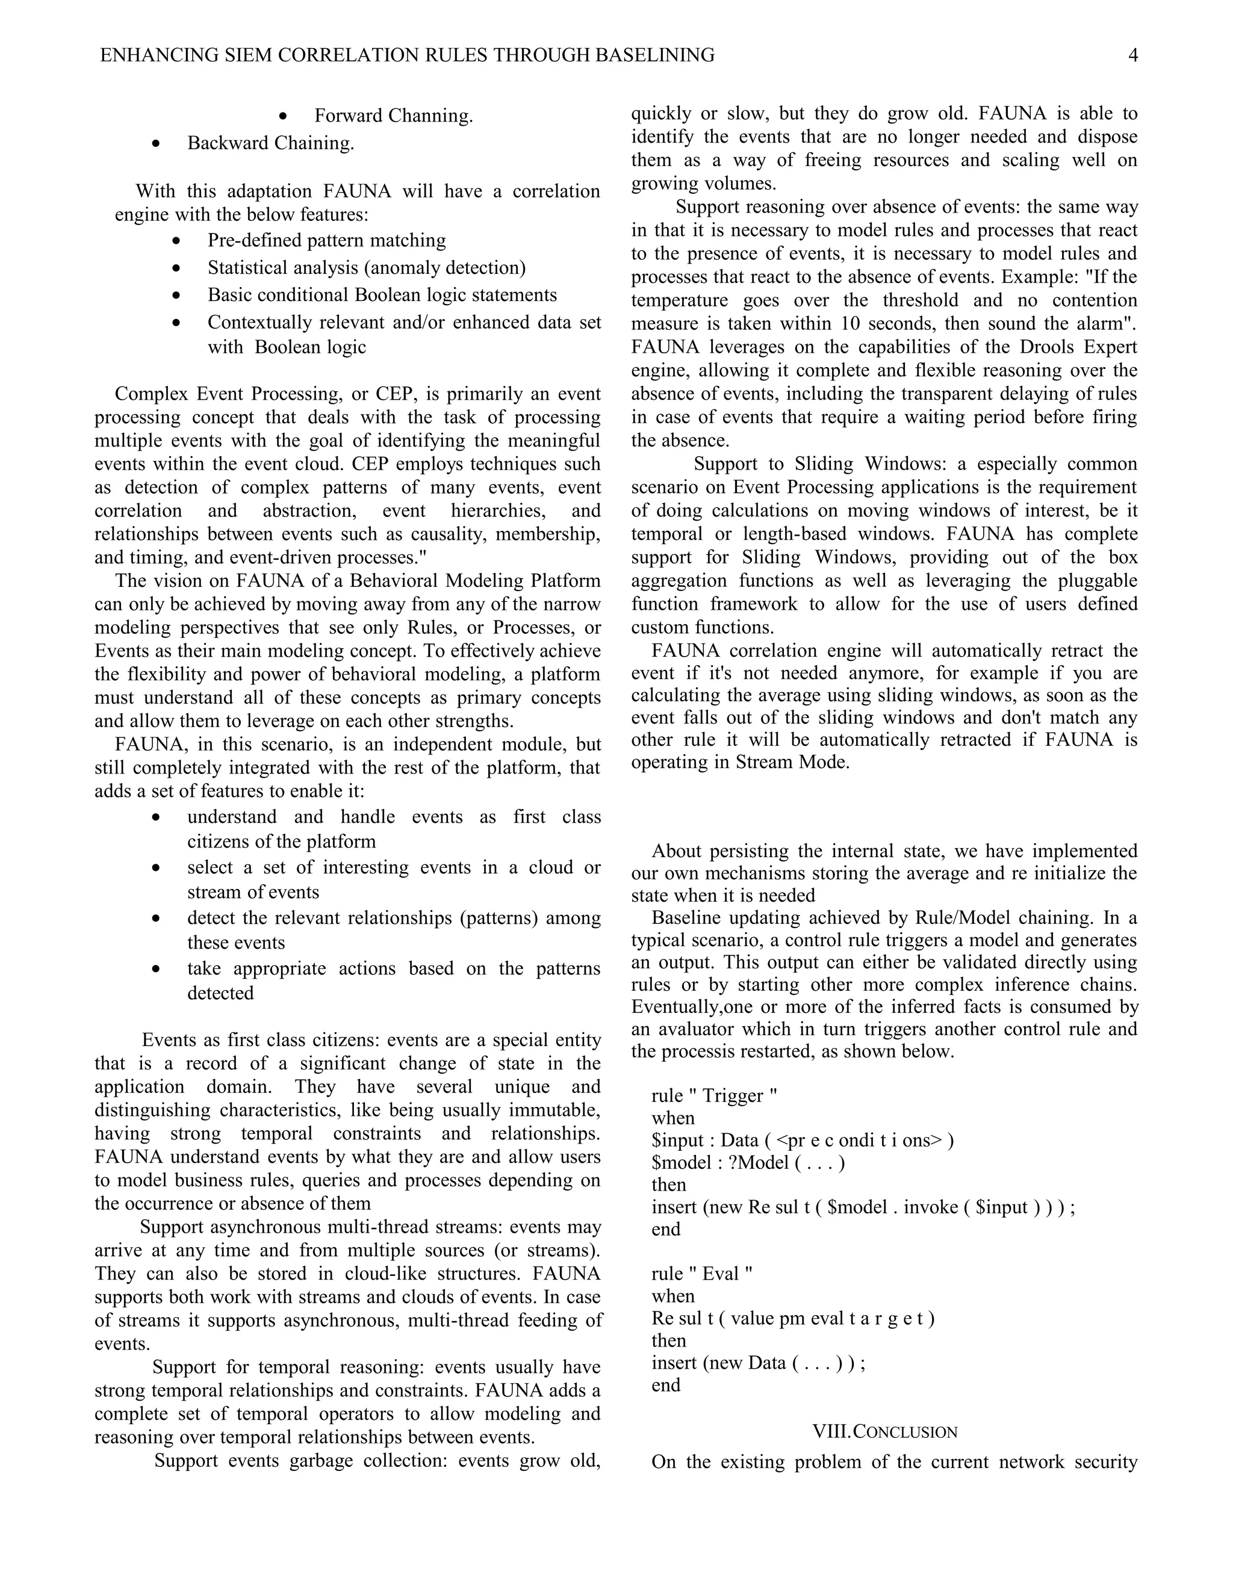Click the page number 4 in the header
pos(1133,55)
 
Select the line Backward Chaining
pos(270,143)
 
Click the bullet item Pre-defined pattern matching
pos(326,240)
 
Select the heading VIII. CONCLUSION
pos(884,1431)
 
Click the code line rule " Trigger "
pos(713,1095)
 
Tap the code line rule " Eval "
pos(701,1274)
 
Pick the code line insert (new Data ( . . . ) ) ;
pos(757,1363)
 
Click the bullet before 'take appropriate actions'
pos(155,969)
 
